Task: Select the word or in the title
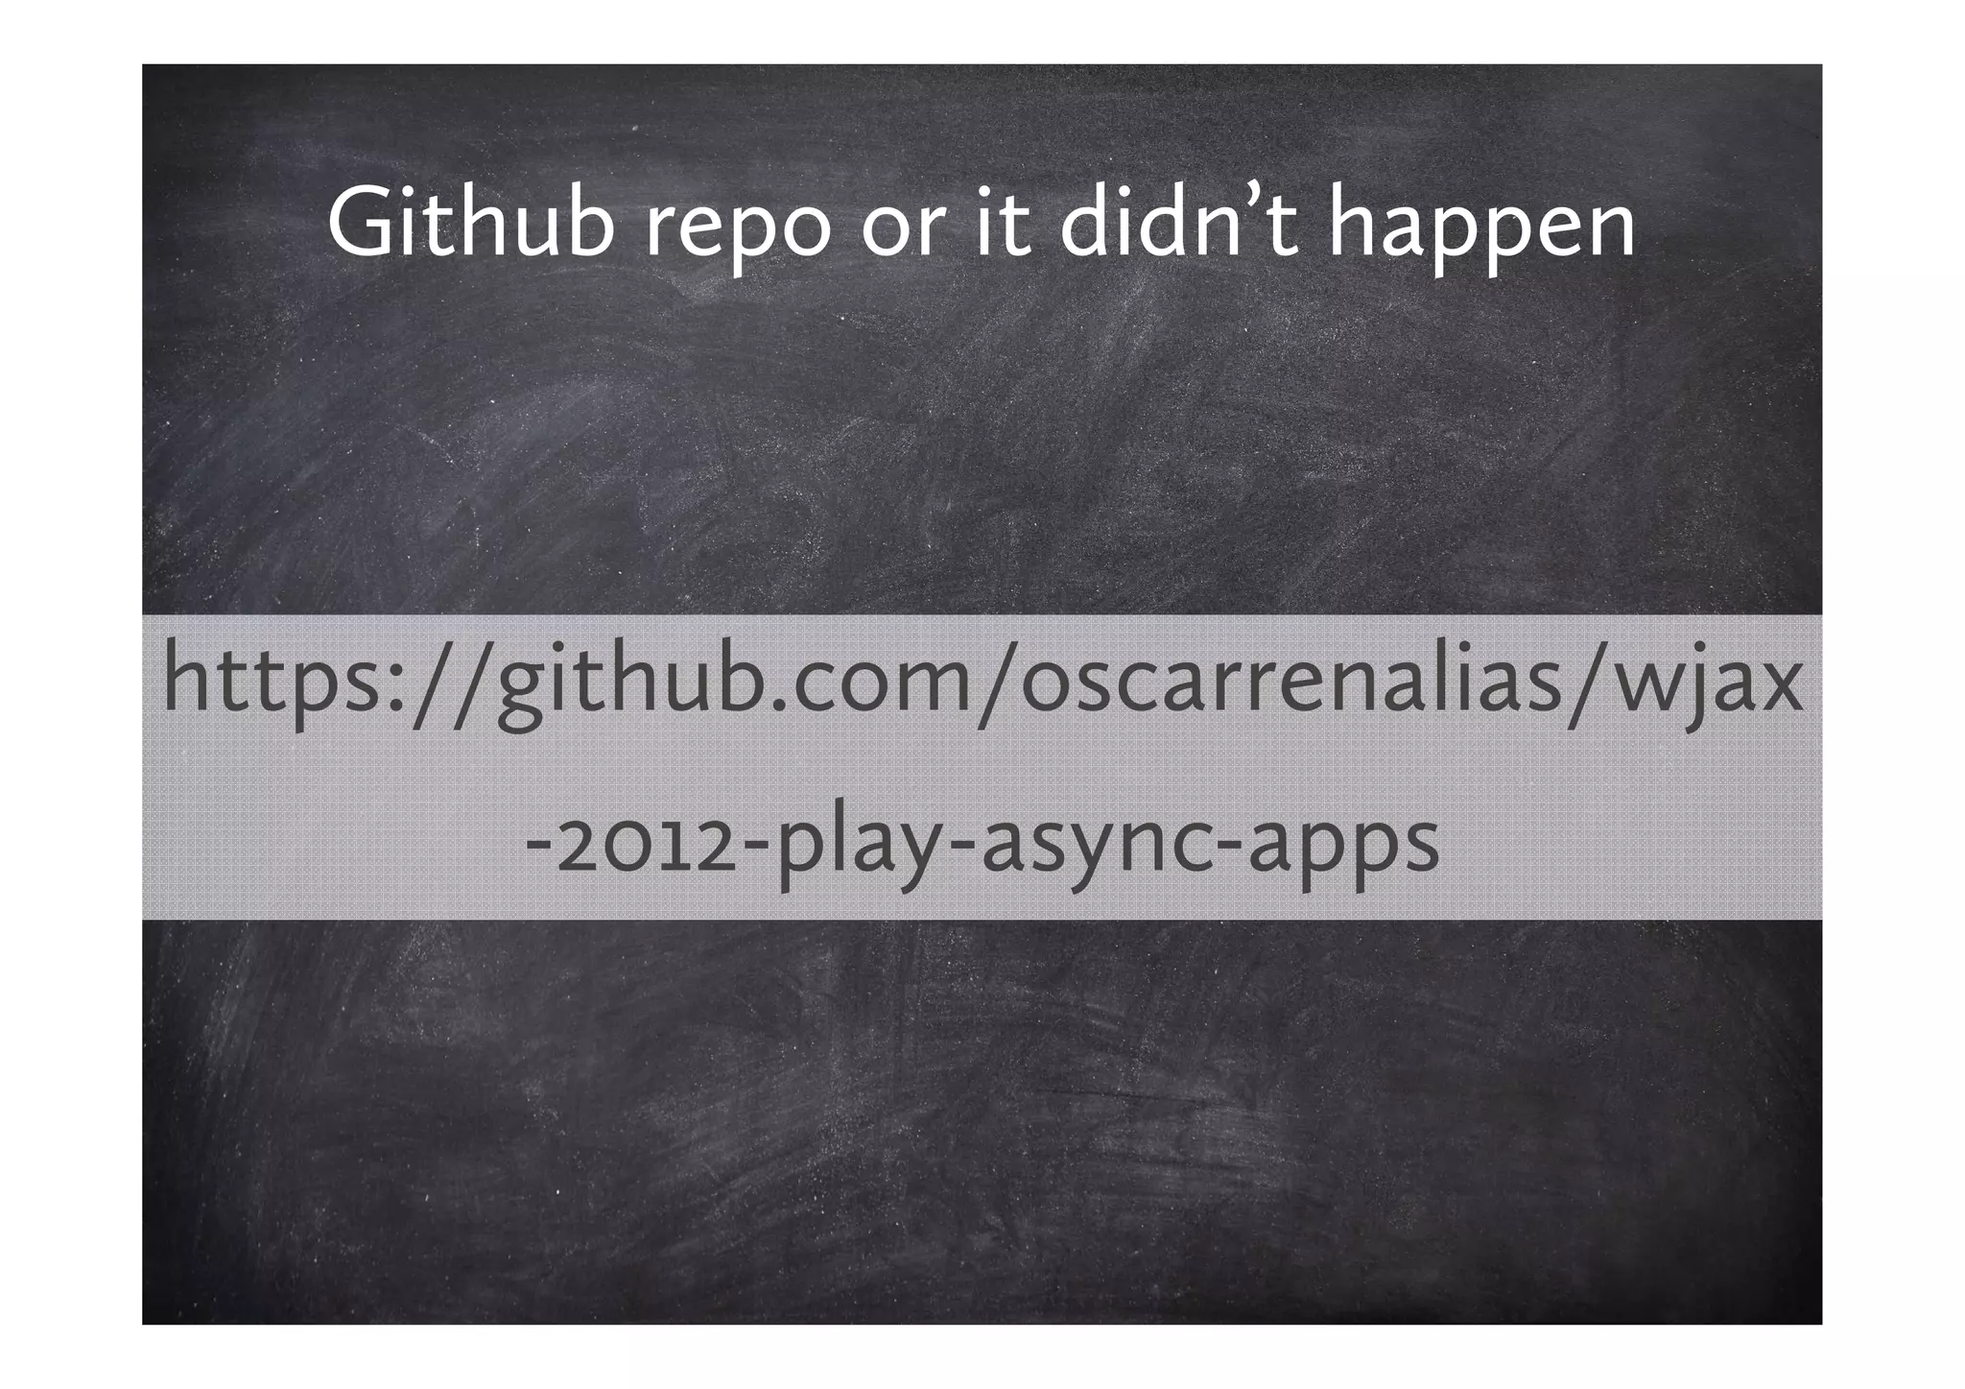pos(899,230)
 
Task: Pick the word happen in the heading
pos(1482,230)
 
